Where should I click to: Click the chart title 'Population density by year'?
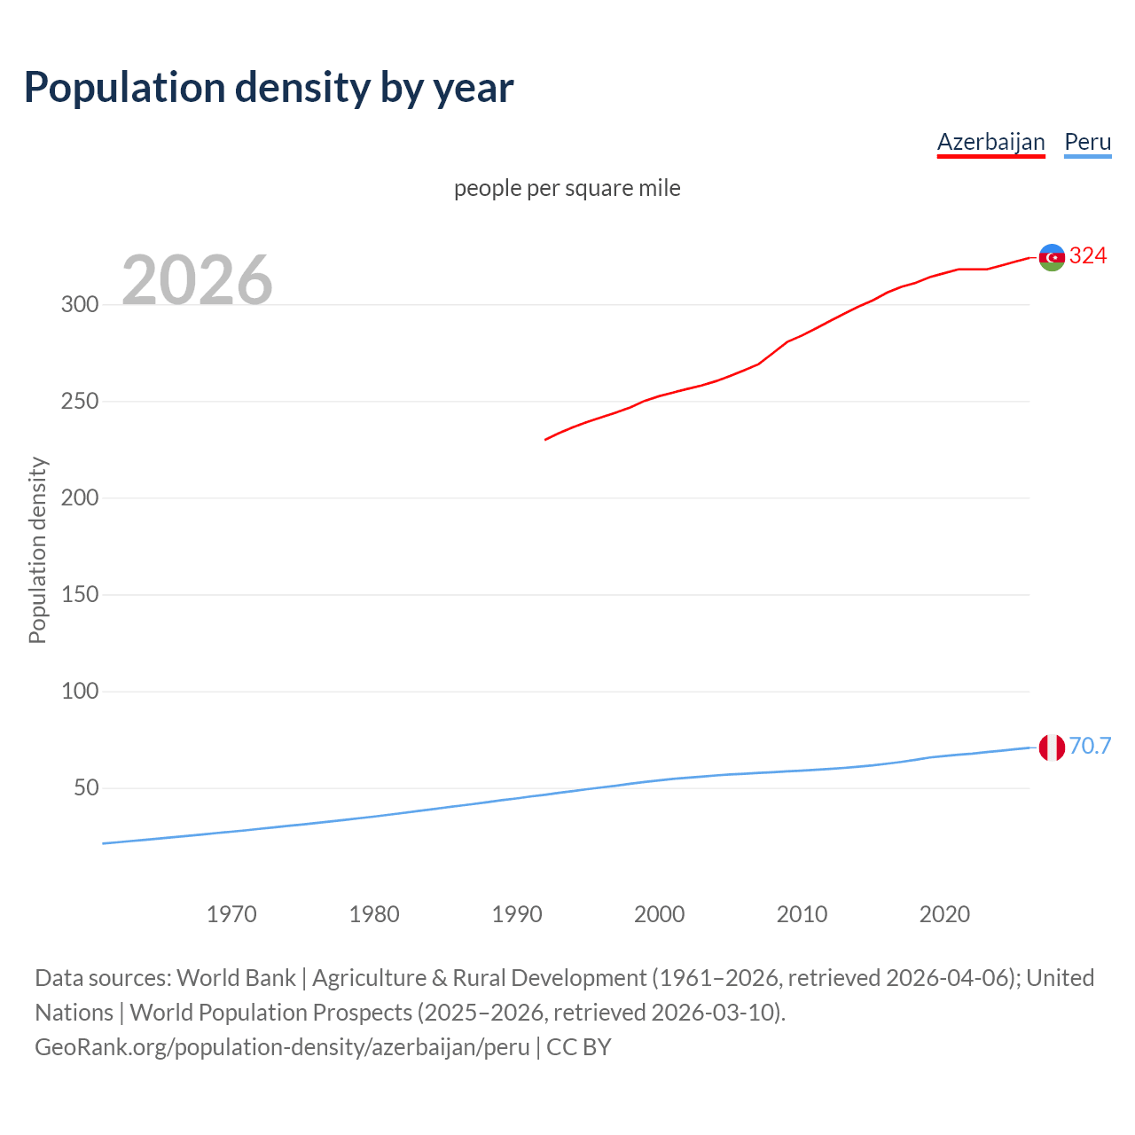(269, 87)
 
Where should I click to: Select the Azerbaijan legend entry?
(990, 142)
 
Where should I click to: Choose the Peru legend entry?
(1087, 142)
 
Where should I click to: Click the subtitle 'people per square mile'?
(567, 188)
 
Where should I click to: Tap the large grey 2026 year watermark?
(197, 280)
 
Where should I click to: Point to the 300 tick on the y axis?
(79, 304)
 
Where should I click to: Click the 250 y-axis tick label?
(79, 401)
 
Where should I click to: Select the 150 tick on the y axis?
(79, 594)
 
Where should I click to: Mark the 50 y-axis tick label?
(85, 787)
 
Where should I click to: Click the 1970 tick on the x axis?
(231, 914)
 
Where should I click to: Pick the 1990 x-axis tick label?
(517, 914)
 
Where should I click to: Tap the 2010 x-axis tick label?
(802, 914)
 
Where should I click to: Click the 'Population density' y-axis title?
(37, 550)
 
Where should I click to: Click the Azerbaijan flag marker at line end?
(1052, 257)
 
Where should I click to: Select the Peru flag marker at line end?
(1052, 748)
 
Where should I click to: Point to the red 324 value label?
(1088, 256)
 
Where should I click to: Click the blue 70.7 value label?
(1090, 747)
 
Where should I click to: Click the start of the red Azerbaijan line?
(546, 439)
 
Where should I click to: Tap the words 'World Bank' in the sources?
(236, 977)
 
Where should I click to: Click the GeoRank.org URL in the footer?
(282, 1046)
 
